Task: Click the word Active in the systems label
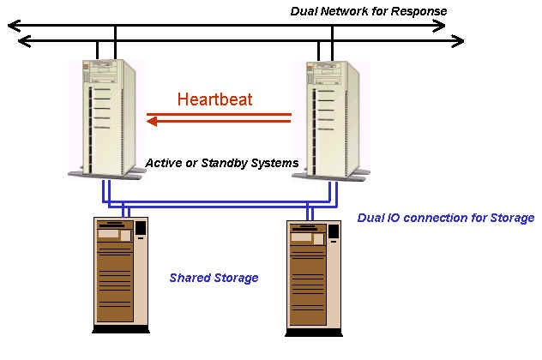164,162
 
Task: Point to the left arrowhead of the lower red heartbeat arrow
151,122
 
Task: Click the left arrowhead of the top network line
12,26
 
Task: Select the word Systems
274,162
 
